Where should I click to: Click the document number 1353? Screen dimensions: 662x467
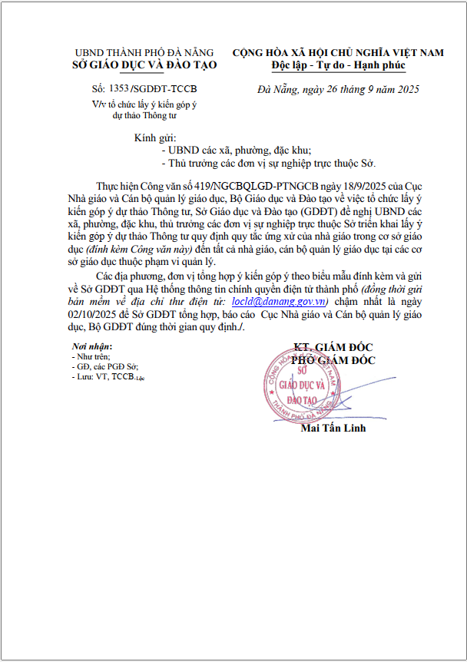[x=119, y=89]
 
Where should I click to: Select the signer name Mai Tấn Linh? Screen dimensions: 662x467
[x=334, y=428]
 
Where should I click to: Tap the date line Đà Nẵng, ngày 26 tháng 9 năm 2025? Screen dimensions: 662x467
[x=338, y=90]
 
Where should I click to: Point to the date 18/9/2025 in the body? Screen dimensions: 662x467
[x=352, y=187]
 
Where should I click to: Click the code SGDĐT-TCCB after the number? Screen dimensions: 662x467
[x=164, y=89]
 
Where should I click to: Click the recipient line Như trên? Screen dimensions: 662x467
[x=92, y=357]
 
